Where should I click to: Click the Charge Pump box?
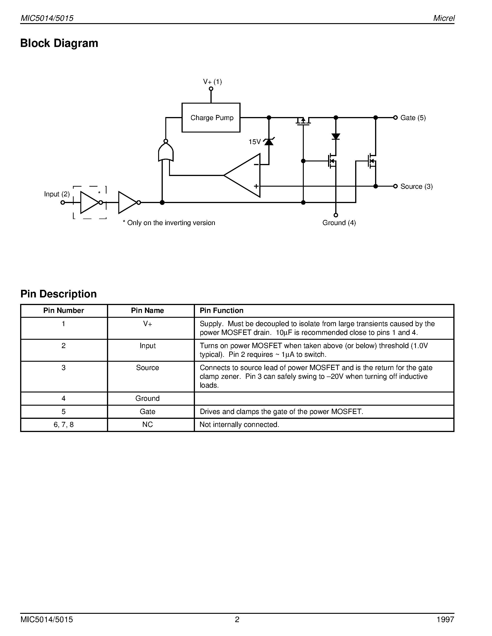(211, 118)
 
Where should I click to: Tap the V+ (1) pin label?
(213, 82)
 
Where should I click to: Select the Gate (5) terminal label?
(413, 118)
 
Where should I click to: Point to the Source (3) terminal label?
(416, 186)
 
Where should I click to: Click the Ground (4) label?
(339, 223)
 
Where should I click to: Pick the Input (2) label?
(57, 194)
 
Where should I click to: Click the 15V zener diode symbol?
(268, 142)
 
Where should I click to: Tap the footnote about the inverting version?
(169, 223)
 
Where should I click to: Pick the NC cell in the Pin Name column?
(147, 425)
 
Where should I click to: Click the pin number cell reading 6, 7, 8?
(63, 425)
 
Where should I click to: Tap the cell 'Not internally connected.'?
(239, 425)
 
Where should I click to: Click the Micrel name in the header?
(444, 18)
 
